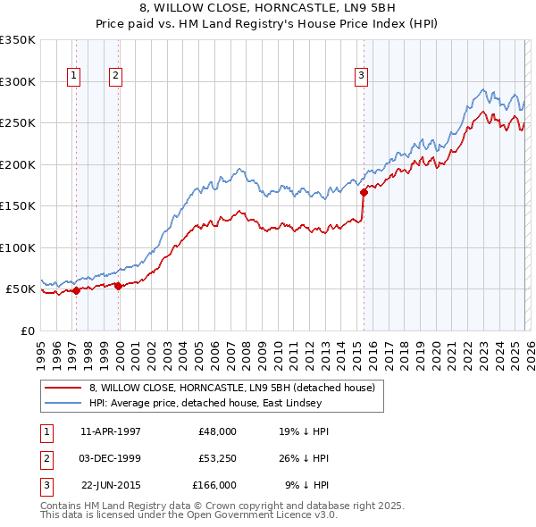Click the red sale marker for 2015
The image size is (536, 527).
pyautogui.click(x=364, y=191)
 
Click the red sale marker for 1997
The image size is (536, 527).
pyautogui.click(x=77, y=289)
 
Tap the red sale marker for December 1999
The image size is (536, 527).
pyautogui.click(x=119, y=286)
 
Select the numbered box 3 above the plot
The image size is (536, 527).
pyautogui.click(x=362, y=76)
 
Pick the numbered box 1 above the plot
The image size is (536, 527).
pyautogui.click(x=73, y=76)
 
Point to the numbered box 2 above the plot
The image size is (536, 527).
pyautogui.click(x=116, y=76)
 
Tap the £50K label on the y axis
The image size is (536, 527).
pyautogui.click(x=21, y=289)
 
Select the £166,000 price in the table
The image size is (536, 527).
pyautogui.click(x=214, y=485)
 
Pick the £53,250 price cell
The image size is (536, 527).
pyautogui.click(x=217, y=458)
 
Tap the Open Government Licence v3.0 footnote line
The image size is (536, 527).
pyautogui.click(x=188, y=514)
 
